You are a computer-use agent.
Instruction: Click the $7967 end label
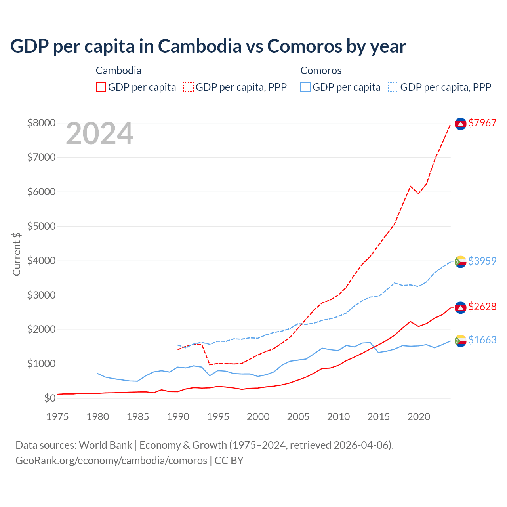tap(482, 123)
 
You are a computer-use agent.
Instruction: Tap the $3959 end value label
tap(482, 261)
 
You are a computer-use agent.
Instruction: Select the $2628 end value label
tap(482, 307)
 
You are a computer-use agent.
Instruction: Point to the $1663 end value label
tap(482, 340)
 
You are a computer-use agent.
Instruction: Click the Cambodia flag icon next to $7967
tap(460, 124)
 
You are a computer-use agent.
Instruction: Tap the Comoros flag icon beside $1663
tap(460, 341)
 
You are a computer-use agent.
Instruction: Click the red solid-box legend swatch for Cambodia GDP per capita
tap(101, 87)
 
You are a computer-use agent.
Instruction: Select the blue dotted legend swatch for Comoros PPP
tap(393, 87)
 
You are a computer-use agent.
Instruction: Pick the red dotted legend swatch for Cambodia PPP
tap(189, 87)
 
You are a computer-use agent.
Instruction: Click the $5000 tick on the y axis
tap(41, 226)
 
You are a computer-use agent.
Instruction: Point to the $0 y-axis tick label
tap(50, 398)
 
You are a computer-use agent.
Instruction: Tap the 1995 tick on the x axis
tap(218, 417)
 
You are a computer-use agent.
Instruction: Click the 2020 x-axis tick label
tap(419, 417)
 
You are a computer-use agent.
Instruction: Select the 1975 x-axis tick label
tap(58, 417)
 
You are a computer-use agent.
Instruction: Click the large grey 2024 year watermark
tap(99, 134)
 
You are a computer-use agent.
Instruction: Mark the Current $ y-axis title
tap(17, 254)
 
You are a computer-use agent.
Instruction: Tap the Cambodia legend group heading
tap(118, 71)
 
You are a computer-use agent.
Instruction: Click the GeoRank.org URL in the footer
tap(111, 461)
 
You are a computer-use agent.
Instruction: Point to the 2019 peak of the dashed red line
tap(411, 186)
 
